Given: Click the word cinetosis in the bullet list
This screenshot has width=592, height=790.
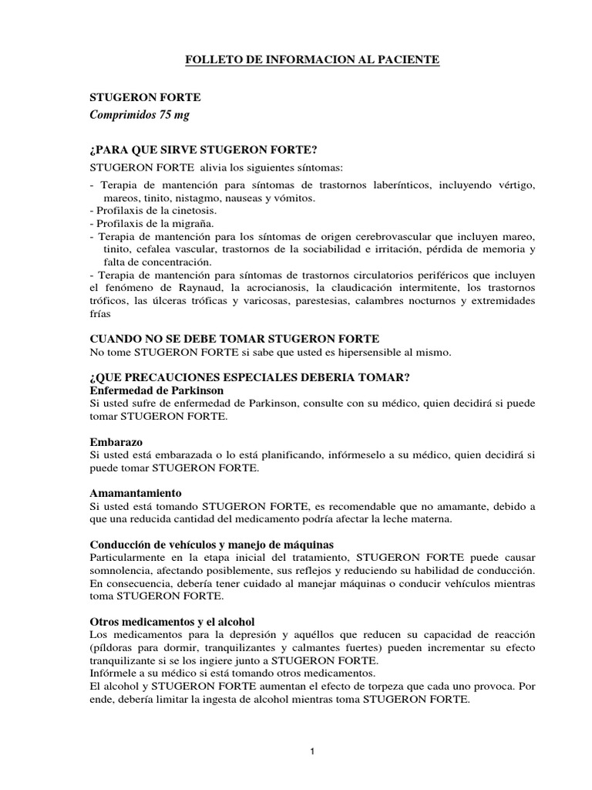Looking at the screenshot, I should click(196, 210).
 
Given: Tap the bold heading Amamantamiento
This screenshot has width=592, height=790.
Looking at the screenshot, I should click(136, 492).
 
